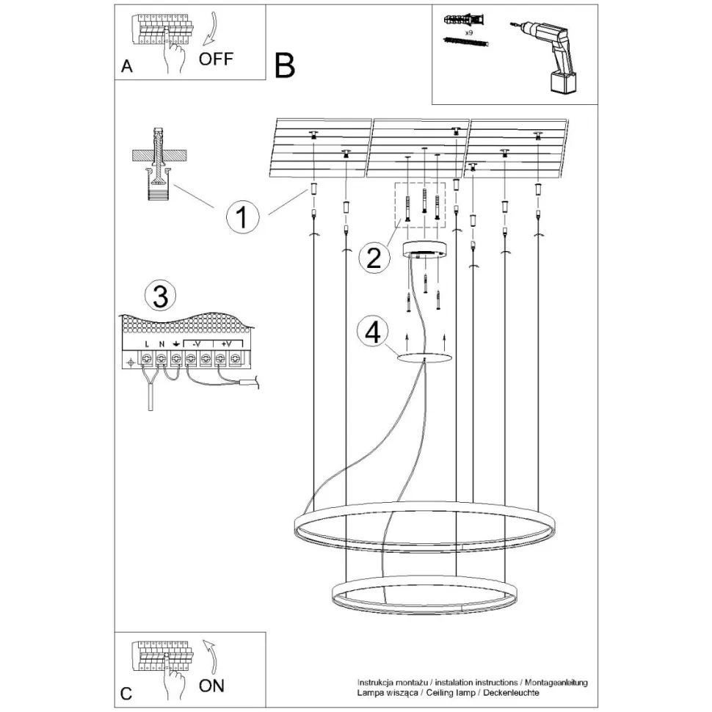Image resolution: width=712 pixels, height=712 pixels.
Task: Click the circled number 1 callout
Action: click(241, 217)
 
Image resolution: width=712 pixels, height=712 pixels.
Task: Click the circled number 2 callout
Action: click(373, 258)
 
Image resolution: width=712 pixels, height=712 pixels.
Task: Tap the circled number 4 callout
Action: click(373, 333)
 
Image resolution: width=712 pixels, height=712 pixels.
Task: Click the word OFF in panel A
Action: click(216, 59)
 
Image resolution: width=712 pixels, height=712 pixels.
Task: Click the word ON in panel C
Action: click(212, 686)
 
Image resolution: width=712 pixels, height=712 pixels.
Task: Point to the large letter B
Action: click(284, 65)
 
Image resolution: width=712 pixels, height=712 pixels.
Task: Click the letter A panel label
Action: click(127, 67)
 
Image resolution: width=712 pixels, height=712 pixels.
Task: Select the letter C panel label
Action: click(127, 693)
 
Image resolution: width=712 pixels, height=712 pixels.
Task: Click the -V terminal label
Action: click(197, 344)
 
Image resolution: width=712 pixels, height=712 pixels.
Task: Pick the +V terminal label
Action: click(227, 344)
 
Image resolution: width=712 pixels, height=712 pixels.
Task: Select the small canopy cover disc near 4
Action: click(424, 357)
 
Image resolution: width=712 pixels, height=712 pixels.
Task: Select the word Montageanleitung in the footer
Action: click(556, 683)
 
